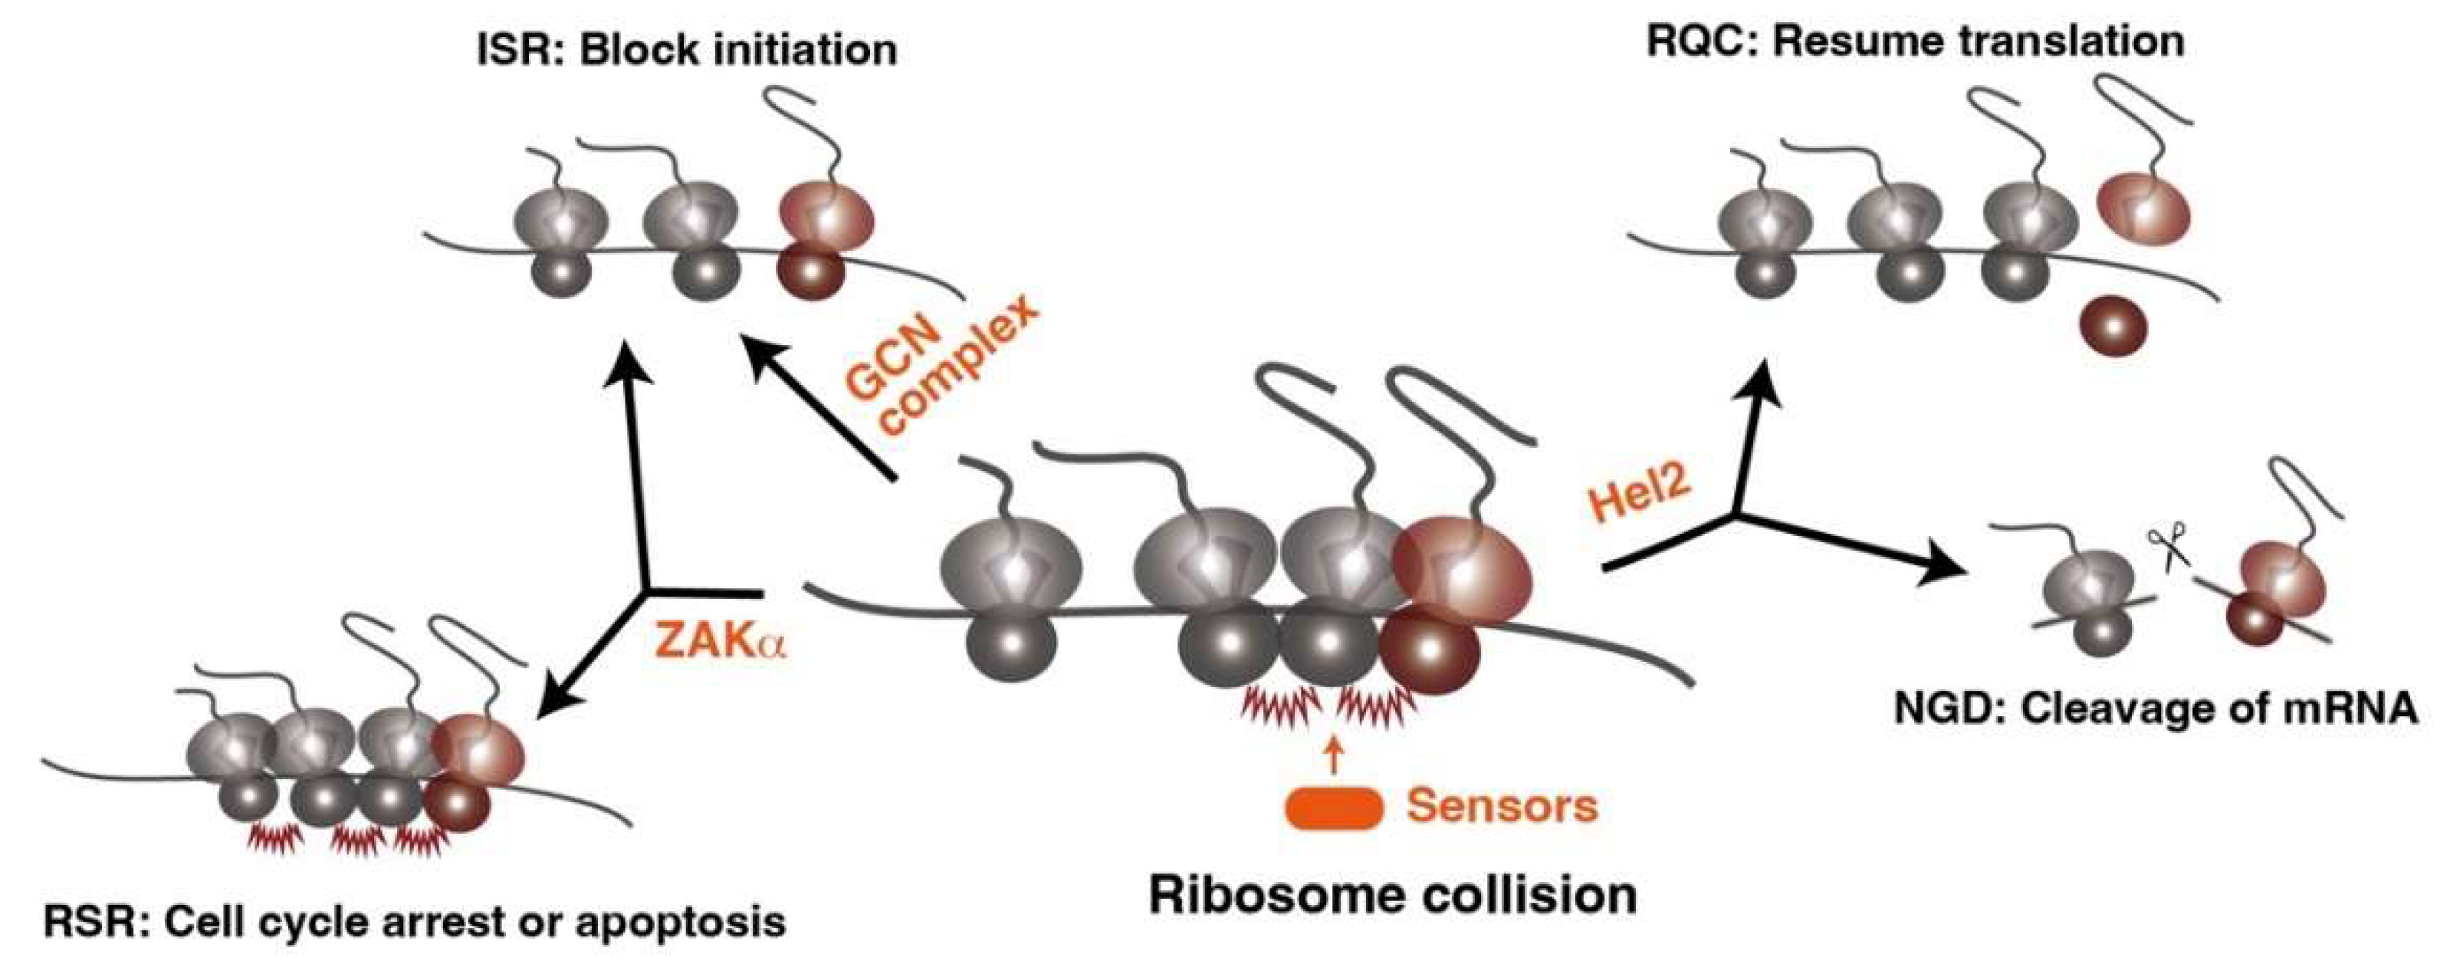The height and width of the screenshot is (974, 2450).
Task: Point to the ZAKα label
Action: click(721, 642)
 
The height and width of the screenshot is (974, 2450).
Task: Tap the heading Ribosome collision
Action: click(1392, 895)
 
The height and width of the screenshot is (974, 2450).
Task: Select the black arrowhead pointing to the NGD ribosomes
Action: click(1940, 574)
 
